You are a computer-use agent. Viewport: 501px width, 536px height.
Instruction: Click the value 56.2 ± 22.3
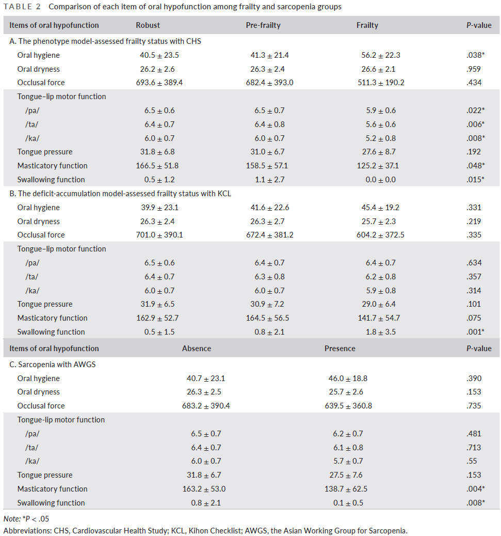click(x=381, y=55)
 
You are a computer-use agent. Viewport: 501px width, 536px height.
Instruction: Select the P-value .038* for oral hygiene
click(x=475, y=55)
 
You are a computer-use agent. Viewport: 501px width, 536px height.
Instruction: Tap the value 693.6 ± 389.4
click(x=159, y=83)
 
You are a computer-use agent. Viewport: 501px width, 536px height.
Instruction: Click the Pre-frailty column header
click(x=263, y=25)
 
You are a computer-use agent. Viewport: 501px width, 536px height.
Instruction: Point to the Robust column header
click(x=148, y=25)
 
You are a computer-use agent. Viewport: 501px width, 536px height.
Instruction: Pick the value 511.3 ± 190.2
click(x=381, y=83)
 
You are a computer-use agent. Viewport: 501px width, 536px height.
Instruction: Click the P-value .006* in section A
click(x=475, y=124)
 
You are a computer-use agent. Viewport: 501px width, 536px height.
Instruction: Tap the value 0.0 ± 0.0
click(x=380, y=180)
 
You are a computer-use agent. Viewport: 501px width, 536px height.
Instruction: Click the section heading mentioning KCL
click(x=120, y=194)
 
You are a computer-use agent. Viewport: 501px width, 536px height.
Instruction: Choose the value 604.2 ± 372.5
click(x=380, y=235)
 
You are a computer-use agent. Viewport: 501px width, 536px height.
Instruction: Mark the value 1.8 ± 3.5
click(x=380, y=332)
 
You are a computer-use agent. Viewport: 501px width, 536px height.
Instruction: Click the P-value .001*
click(x=475, y=332)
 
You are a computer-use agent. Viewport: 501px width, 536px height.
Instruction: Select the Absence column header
click(x=197, y=349)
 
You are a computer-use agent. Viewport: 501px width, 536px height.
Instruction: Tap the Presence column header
click(x=340, y=349)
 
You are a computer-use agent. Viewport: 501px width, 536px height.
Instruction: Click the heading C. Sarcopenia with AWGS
click(x=53, y=365)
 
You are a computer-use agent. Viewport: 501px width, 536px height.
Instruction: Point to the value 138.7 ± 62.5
click(x=346, y=489)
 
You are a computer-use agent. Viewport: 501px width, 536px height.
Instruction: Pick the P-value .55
click(x=472, y=461)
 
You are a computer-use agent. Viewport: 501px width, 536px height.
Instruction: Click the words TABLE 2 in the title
click(x=22, y=7)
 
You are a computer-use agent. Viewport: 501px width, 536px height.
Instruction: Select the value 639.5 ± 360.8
click(x=348, y=406)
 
